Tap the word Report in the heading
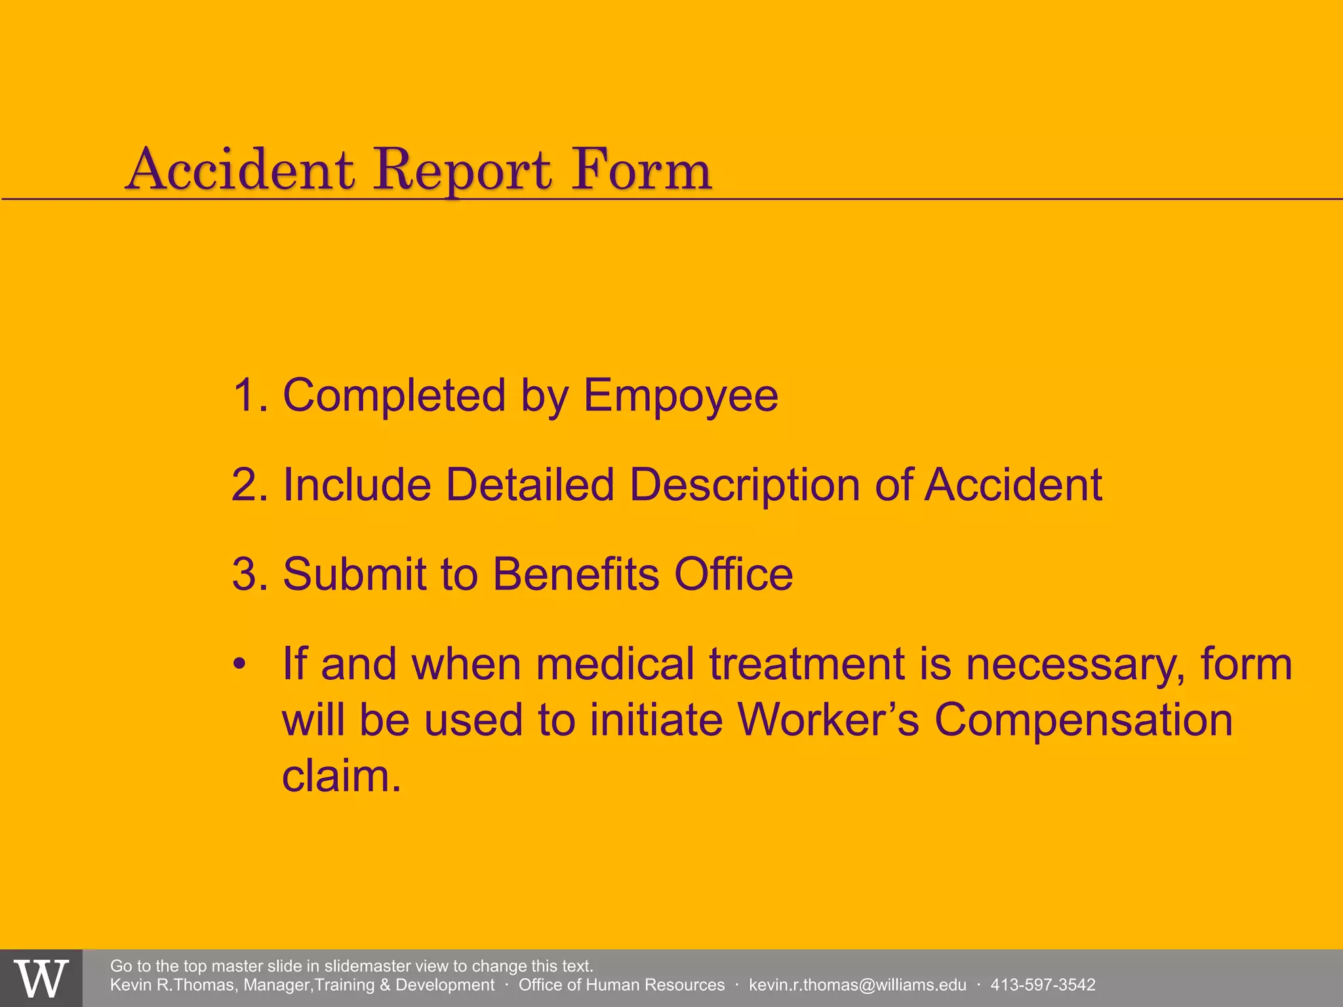(x=462, y=172)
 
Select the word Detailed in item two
(x=530, y=485)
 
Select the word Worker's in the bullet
(x=828, y=720)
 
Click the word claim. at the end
(x=341, y=776)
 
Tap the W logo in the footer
(x=41, y=978)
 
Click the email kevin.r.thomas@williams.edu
(x=857, y=985)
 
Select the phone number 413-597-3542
(x=1043, y=985)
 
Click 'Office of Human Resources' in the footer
(x=621, y=985)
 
